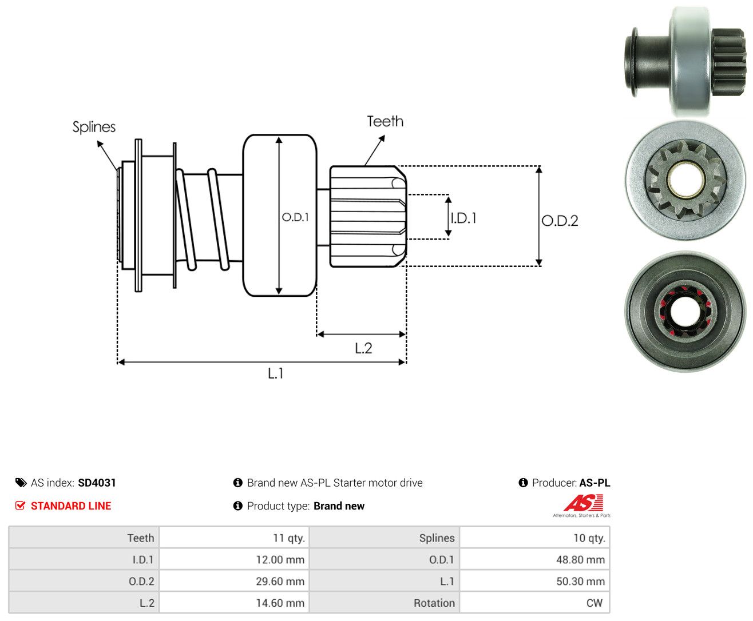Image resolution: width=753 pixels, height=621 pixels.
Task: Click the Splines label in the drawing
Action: click(x=94, y=127)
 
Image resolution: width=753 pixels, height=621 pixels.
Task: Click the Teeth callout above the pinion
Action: click(x=385, y=121)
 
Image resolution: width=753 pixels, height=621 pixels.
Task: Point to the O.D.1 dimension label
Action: click(x=295, y=217)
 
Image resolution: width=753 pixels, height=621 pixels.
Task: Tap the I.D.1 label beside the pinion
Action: click(x=463, y=218)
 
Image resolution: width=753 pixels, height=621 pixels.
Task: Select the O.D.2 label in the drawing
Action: click(x=560, y=221)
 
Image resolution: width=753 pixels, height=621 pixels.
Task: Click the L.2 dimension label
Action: click(x=363, y=348)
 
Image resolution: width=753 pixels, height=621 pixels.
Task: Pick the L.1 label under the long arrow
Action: click(x=276, y=373)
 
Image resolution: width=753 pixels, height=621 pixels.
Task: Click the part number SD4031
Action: click(x=97, y=483)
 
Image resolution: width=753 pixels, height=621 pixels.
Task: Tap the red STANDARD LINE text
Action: click(x=71, y=505)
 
